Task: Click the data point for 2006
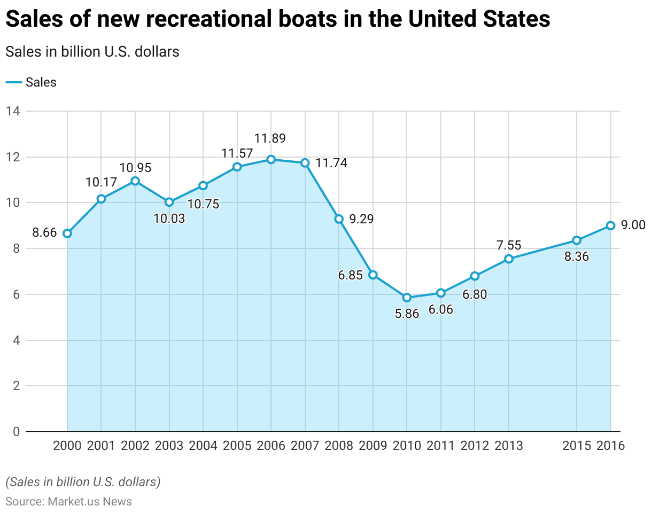tap(271, 159)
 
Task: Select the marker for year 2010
tap(407, 298)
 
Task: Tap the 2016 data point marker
tap(610, 225)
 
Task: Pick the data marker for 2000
tap(67, 233)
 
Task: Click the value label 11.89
tap(270, 139)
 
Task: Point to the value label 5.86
tap(407, 314)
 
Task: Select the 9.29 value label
tap(361, 219)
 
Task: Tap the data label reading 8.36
tap(577, 256)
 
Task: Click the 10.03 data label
tap(169, 218)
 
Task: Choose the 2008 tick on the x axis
tap(339, 446)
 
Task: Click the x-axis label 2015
tap(577, 446)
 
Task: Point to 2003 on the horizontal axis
tap(169, 446)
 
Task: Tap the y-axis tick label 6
tap(16, 294)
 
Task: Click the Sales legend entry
tap(32, 82)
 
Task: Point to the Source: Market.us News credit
tap(68, 501)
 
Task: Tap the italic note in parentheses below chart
tap(83, 481)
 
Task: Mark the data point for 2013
tap(509, 259)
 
